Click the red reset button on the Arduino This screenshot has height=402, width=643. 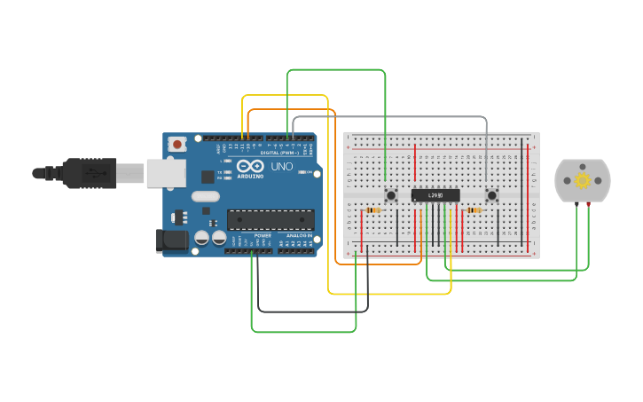click(x=177, y=144)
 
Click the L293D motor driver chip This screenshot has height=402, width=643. click(x=435, y=195)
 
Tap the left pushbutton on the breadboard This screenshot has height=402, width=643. click(x=390, y=195)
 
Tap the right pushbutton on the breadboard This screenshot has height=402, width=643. click(x=492, y=195)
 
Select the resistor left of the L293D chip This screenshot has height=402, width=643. click(x=373, y=210)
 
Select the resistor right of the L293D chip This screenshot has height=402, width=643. click(x=474, y=210)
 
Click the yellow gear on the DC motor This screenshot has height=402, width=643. click(x=583, y=180)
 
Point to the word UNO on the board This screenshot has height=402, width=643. click(x=281, y=166)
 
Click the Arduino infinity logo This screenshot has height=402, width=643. click(x=249, y=166)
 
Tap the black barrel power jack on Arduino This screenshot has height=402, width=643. click(x=171, y=240)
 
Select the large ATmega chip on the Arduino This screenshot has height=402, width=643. click(x=271, y=219)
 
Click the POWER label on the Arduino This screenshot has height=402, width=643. click(x=263, y=235)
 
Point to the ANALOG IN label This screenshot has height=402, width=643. click(x=297, y=235)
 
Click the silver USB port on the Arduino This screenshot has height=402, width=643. click(x=166, y=172)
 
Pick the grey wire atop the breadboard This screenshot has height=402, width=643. click(x=390, y=116)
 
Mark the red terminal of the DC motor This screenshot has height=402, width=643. click(x=588, y=205)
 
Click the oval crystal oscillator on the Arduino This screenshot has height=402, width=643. click(x=205, y=196)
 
